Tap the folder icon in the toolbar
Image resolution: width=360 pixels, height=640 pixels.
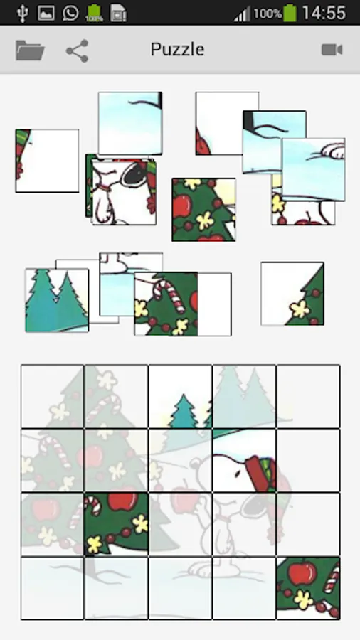click(x=30, y=50)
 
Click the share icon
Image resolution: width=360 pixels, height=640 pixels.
click(x=77, y=50)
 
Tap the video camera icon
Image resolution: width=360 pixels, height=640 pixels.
click(x=332, y=50)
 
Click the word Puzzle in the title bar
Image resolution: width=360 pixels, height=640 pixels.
click(x=177, y=49)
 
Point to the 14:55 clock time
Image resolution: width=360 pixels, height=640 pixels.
click(x=324, y=13)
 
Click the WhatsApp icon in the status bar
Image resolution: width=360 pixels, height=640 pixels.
click(x=70, y=13)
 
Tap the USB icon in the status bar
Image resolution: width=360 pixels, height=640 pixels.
click(x=23, y=13)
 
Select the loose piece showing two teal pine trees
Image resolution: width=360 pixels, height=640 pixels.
click(x=57, y=300)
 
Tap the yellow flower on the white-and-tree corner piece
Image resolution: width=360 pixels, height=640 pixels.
click(x=300, y=309)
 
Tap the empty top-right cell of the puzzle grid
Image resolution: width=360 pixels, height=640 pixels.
click(x=308, y=396)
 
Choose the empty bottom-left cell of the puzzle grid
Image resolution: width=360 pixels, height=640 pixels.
click(x=52, y=588)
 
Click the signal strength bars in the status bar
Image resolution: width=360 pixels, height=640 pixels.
click(x=242, y=14)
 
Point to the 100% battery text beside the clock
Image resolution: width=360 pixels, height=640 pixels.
click(x=268, y=14)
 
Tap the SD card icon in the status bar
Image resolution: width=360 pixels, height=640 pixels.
click(x=118, y=13)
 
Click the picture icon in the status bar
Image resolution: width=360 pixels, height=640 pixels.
click(x=46, y=13)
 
